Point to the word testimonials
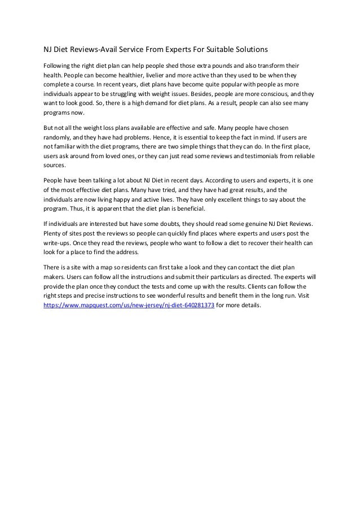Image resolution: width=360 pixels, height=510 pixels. tap(255, 156)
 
